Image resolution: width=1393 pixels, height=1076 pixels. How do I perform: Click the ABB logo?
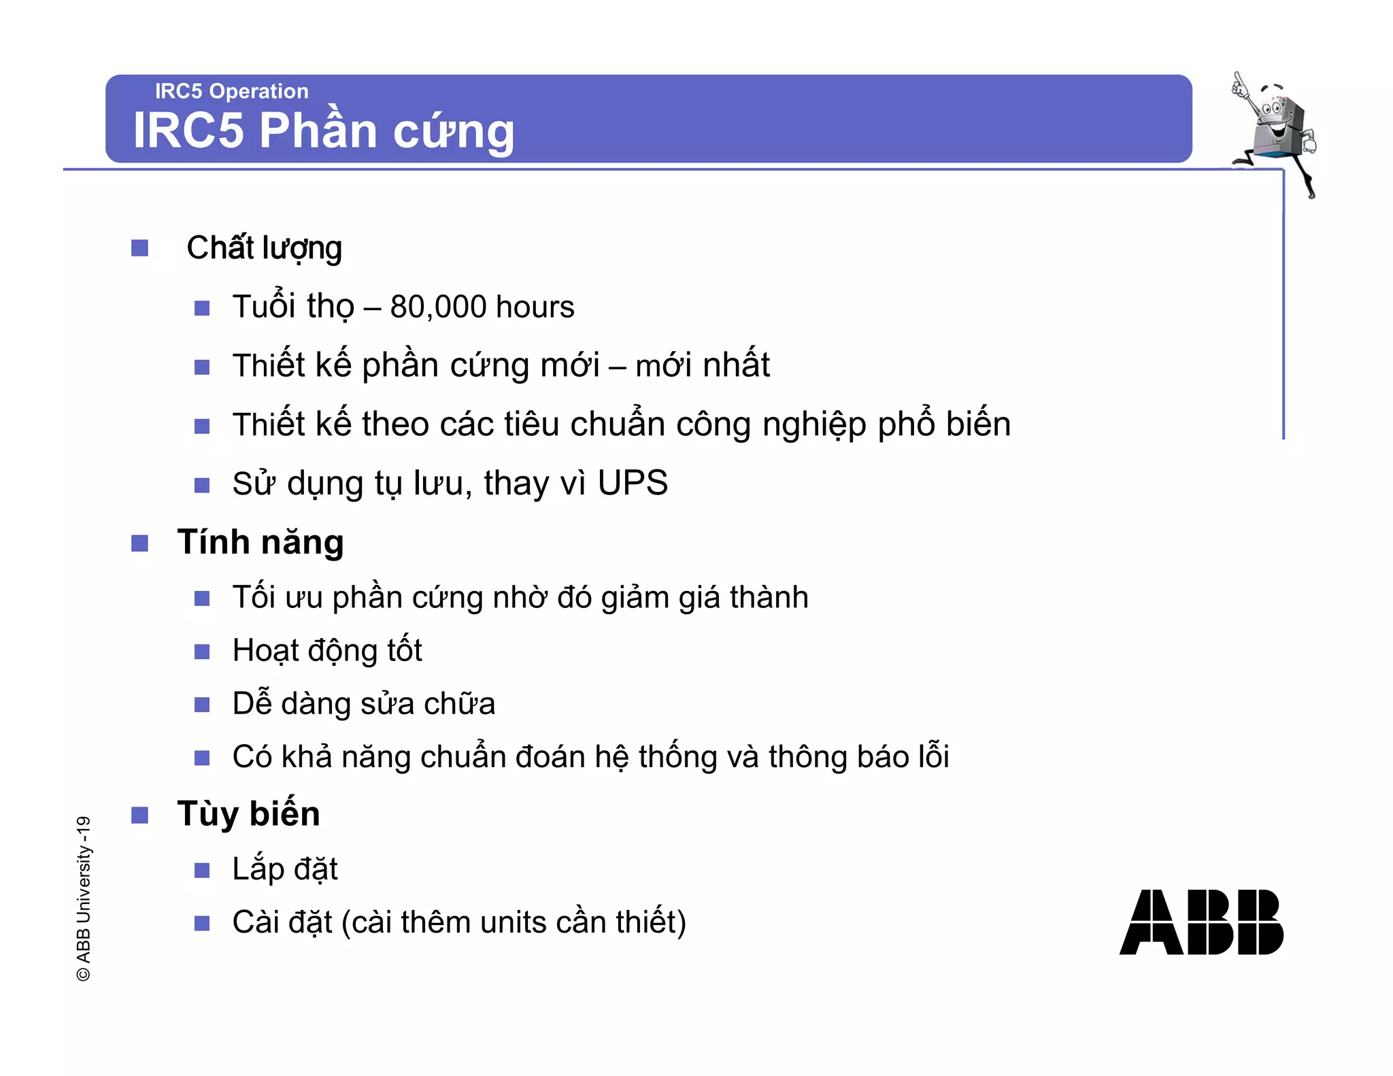[x=1201, y=922]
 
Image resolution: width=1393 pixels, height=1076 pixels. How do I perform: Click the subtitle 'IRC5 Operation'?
[x=231, y=91]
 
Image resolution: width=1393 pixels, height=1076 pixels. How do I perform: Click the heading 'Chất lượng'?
[x=264, y=248]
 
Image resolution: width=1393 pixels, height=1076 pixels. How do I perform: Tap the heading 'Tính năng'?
[x=261, y=543]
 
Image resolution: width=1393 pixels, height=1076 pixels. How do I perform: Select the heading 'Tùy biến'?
[x=248, y=813]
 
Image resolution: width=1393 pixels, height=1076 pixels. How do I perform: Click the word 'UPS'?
[x=633, y=483]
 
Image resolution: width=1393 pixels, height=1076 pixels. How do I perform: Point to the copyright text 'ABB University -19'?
[x=83, y=898]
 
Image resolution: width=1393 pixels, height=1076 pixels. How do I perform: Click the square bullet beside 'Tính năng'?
[x=139, y=543]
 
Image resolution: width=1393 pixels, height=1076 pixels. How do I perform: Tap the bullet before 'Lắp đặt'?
[x=202, y=871]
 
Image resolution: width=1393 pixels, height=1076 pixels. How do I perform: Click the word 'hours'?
[x=535, y=307]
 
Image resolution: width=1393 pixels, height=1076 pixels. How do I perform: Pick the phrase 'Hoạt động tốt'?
[x=327, y=650]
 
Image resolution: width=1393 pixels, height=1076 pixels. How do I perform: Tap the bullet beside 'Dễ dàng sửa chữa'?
[x=202, y=704]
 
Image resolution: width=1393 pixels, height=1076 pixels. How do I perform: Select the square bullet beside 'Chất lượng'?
[x=139, y=248]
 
